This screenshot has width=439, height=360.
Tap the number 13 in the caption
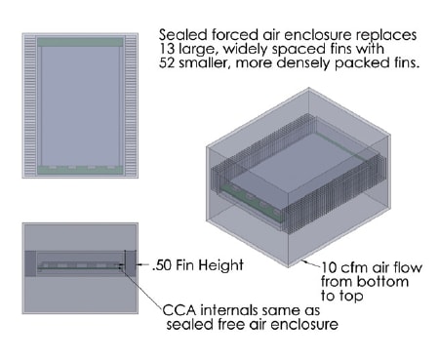pos(167,49)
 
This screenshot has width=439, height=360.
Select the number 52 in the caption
pos(167,62)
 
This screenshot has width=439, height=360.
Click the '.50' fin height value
pos(162,265)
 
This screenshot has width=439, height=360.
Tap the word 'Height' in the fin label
pos(222,265)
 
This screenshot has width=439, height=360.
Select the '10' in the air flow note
pos(329,267)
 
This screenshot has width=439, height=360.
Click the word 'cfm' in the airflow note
pos(354,267)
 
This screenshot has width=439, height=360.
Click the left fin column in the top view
pos(30,105)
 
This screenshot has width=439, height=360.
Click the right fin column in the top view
pos(131,105)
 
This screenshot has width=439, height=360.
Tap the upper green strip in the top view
pos(80,42)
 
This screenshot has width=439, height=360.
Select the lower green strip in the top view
pos(80,170)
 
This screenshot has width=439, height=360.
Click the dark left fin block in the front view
pos(30,263)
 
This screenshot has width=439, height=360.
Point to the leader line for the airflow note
pos(311,263)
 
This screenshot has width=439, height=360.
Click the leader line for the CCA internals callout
pos(142,287)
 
